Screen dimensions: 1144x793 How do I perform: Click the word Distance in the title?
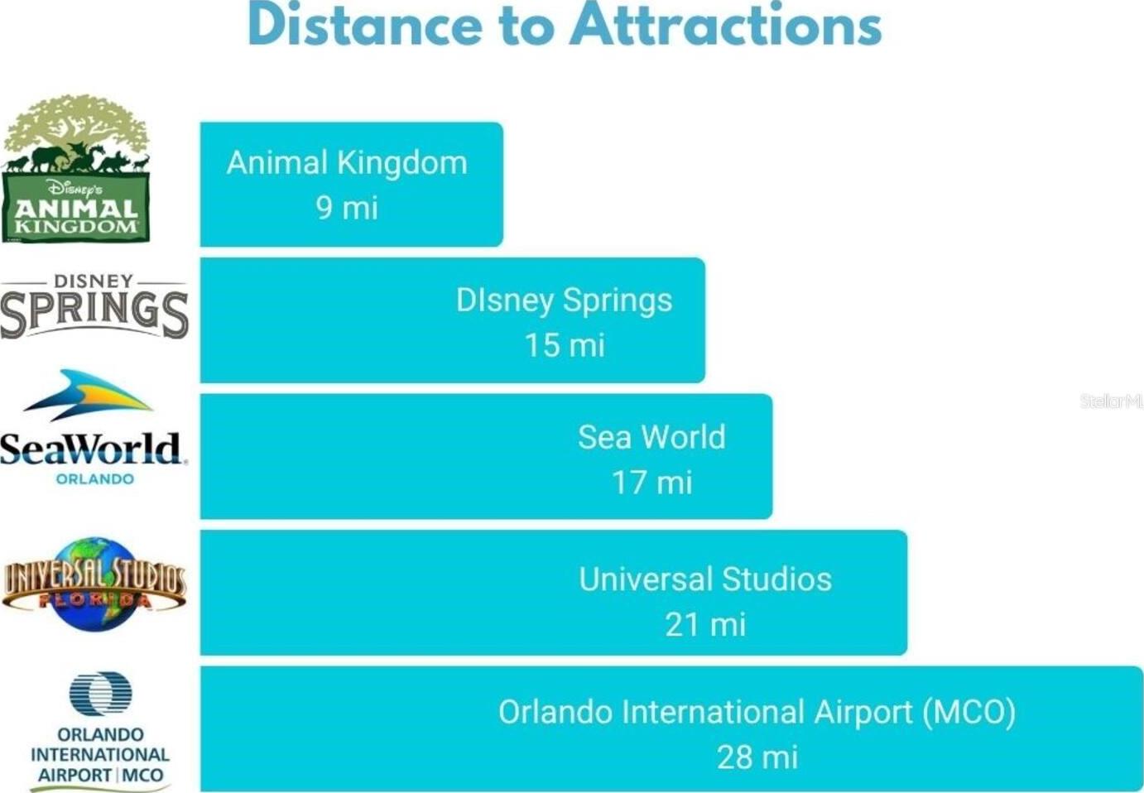click(x=365, y=24)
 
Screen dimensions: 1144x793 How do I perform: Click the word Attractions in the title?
click(x=726, y=24)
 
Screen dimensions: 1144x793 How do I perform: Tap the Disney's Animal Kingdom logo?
click(x=76, y=168)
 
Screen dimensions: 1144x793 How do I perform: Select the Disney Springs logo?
click(x=94, y=306)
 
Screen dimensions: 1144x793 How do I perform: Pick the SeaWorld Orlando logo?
click(x=94, y=427)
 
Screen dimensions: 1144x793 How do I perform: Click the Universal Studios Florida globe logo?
click(x=94, y=584)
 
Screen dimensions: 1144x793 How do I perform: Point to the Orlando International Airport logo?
click(x=100, y=731)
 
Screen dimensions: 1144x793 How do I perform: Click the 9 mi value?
click(x=347, y=208)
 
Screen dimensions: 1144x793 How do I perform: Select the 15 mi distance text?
click(x=565, y=345)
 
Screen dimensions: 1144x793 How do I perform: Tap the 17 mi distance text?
click(x=651, y=482)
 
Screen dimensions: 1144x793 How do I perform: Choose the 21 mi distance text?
click(x=705, y=624)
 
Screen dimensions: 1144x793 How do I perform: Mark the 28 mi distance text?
click(x=757, y=757)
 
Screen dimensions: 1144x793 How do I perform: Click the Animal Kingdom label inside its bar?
click(x=347, y=163)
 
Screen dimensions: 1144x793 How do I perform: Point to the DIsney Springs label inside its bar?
click(x=565, y=300)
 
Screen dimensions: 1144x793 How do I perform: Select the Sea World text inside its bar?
click(x=651, y=437)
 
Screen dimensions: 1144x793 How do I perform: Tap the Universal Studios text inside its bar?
click(x=705, y=579)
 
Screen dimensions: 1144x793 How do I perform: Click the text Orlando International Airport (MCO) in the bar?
click(x=757, y=712)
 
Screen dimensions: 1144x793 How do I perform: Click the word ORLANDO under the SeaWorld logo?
click(x=95, y=479)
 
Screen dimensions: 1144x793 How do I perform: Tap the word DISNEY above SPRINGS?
click(x=94, y=281)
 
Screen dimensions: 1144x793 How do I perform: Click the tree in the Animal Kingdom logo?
click(x=77, y=127)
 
